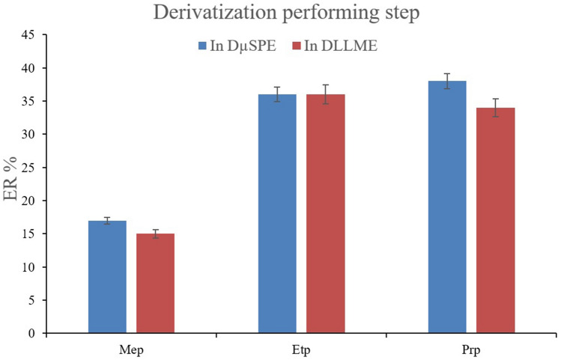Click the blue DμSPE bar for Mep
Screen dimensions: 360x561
click(x=107, y=277)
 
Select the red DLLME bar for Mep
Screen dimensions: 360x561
click(x=155, y=284)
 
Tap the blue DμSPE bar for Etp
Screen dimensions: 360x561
click(x=277, y=214)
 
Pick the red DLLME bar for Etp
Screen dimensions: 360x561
click(x=325, y=214)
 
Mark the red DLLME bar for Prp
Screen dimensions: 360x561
click(x=495, y=221)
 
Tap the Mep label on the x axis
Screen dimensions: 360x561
click(x=131, y=349)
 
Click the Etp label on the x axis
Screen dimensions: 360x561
click(x=301, y=349)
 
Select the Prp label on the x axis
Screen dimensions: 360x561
click(x=471, y=349)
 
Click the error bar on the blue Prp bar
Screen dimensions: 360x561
click(x=447, y=81)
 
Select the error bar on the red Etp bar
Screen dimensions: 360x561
click(x=325, y=94)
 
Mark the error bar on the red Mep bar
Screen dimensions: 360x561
click(x=155, y=234)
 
